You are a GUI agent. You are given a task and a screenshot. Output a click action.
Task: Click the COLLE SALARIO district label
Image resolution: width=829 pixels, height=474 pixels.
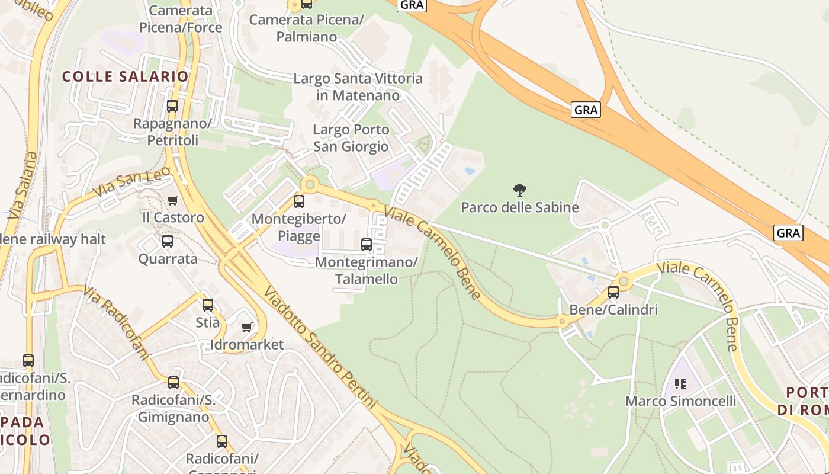[x=125, y=76]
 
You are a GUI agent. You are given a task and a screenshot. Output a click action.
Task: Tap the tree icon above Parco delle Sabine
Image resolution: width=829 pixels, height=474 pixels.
[x=519, y=190]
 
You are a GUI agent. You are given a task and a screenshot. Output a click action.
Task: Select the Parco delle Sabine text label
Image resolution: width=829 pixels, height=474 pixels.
[x=519, y=207]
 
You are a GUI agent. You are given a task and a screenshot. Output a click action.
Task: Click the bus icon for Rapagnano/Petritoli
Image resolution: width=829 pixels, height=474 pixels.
[x=172, y=106]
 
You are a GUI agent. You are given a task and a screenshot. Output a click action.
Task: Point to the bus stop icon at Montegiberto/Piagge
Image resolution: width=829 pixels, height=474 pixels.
[x=299, y=201]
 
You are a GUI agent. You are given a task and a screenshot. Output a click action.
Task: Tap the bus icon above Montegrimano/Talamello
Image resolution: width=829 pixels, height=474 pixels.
[x=367, y=244]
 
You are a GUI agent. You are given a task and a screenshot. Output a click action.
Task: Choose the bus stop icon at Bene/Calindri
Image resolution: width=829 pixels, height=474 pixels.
[x=613, y=292]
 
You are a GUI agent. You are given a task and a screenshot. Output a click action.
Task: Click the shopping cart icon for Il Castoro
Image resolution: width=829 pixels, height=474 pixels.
[x=172, y=200]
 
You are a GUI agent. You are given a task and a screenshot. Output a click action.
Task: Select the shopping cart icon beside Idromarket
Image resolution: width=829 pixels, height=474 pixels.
[x=247, y=328]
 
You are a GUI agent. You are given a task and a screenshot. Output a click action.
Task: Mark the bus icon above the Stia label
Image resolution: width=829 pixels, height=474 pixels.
[x=208, y=305]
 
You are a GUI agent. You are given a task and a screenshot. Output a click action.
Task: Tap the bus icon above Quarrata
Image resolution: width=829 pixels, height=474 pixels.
[x=168, y=241]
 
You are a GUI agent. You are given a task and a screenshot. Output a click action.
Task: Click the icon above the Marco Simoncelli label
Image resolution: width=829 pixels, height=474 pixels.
[x=680, y=384]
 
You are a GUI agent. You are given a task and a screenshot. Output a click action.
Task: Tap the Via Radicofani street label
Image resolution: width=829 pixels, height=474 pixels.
[x=116, y=323]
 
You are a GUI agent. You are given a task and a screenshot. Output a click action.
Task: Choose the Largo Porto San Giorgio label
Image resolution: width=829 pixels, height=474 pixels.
[x=351, y=138]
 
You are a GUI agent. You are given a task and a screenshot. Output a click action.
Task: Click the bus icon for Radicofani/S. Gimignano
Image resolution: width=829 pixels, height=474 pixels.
[x=173, y=383]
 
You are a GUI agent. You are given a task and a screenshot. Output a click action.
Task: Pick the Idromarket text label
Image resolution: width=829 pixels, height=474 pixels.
[x=247, y=345]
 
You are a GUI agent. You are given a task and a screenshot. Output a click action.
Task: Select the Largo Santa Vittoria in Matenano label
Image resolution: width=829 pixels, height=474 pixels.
[x=358, y=87]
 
